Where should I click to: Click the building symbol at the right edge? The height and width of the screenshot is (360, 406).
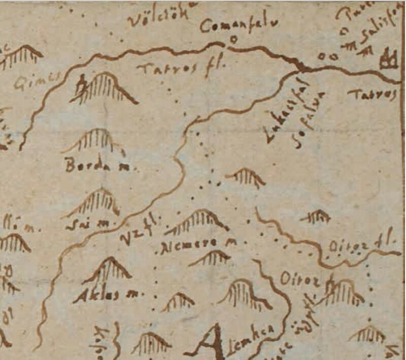tap(390, 59)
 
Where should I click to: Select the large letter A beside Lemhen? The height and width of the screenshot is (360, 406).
tap(216, 342)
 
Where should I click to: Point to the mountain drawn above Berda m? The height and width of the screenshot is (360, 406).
tap(94, 140)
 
